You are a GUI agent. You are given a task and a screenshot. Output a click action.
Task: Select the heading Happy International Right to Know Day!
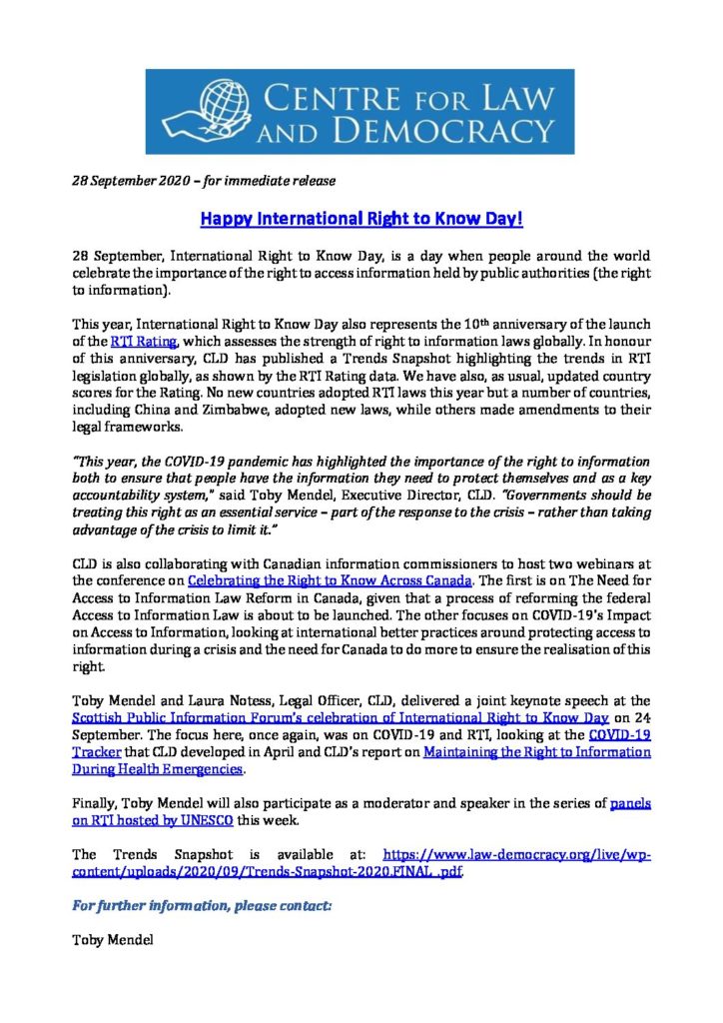point(361,217)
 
